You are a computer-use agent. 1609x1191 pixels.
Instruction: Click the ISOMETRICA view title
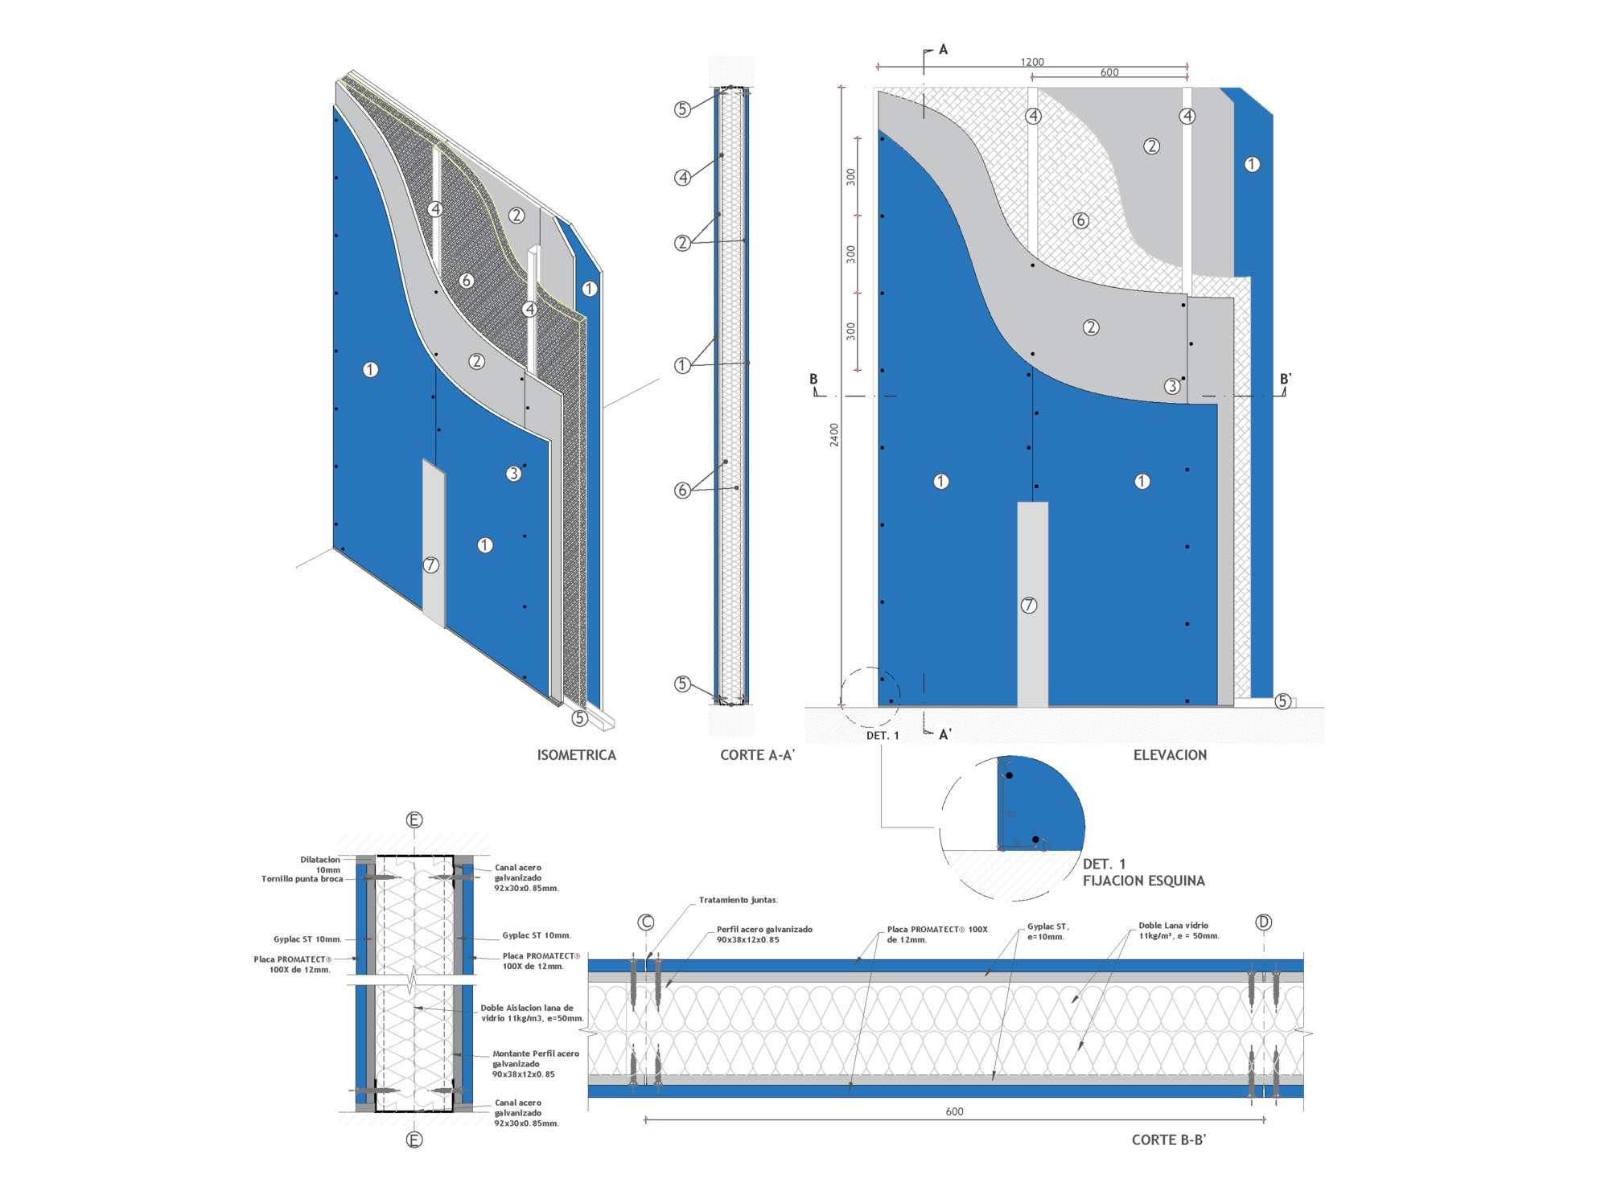pos(576,755)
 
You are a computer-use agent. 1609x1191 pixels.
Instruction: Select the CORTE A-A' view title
pos(757,755)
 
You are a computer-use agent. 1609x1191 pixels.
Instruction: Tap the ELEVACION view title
pos(1170,755)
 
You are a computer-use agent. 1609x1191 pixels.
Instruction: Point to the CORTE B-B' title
pos(1168,1140)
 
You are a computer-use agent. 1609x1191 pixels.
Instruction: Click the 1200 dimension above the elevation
pos(1032,62)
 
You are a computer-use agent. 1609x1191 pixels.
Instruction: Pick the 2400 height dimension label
pos(834,435)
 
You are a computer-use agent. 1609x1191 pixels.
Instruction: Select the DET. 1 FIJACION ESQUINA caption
pos(1143,873)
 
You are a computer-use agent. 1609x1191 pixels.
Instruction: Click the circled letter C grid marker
pos(646,922)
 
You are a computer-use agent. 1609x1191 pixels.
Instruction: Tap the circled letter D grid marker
pos(1263,922)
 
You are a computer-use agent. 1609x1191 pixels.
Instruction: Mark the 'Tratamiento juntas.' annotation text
pos(738,900)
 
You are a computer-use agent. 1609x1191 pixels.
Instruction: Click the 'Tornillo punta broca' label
pos(302,879)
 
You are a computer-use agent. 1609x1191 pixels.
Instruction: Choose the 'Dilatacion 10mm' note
pos(320,865)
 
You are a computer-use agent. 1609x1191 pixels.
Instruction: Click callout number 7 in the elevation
pos(1029,606)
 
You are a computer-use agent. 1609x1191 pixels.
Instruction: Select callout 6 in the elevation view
pos(1080,220)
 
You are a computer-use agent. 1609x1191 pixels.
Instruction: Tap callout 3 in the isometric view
pos(513,474)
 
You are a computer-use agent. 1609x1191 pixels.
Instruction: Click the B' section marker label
pos(1286,380)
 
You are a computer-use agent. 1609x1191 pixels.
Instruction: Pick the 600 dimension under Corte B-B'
pos(954,1111)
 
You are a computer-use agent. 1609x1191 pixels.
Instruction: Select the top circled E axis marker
pos(414,820)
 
